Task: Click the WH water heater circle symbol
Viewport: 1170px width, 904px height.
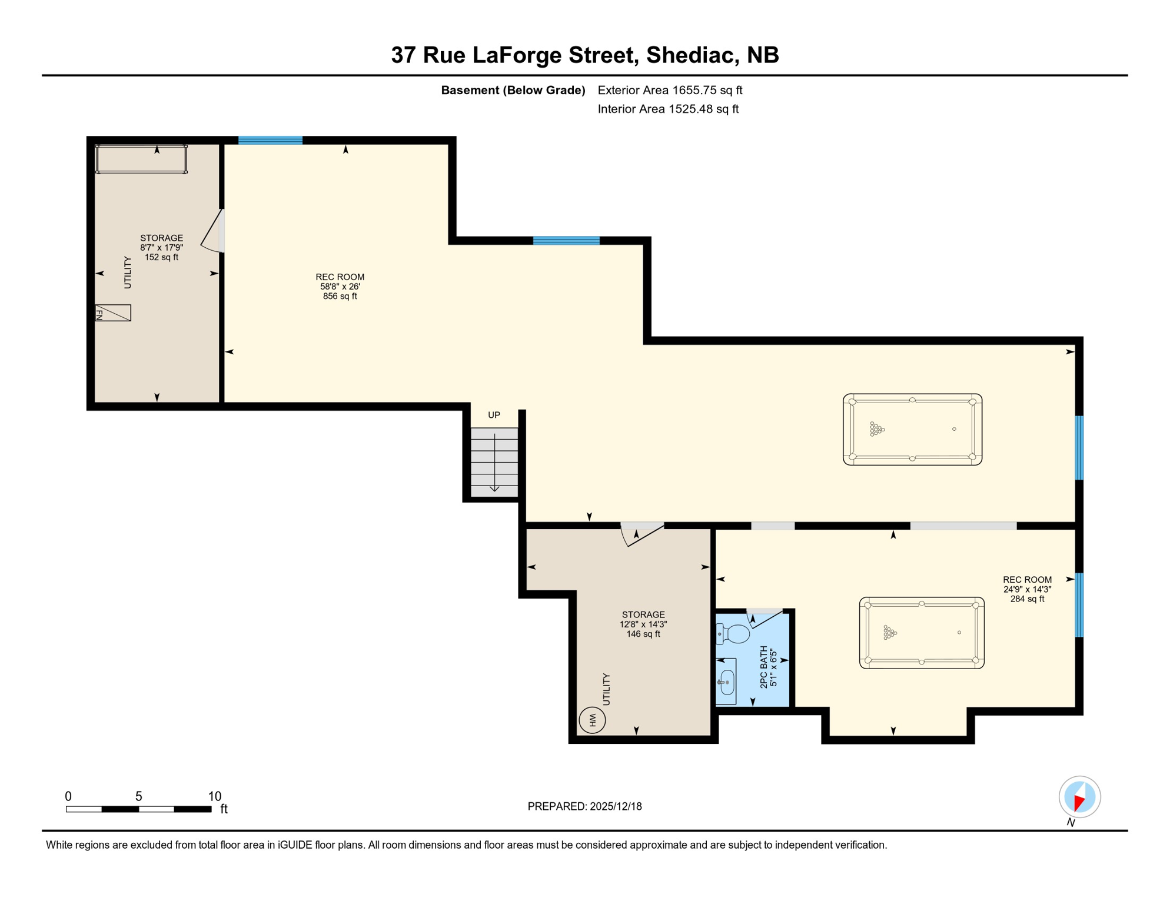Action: point(592,720)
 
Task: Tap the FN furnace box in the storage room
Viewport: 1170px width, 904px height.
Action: point(113,313)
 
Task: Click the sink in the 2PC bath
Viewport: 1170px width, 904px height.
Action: point(727,682)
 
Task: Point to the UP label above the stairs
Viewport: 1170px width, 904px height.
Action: point(494,415)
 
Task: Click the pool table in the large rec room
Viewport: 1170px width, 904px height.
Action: point(912,430)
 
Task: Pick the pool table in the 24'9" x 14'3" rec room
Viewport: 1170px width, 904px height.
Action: point(922,633)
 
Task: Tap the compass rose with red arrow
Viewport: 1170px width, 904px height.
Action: point(1079,797)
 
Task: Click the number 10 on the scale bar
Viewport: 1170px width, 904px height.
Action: point(215,796)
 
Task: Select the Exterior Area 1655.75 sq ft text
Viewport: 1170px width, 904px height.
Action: point(670,90)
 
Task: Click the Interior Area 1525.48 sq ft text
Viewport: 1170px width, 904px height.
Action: point(668,109)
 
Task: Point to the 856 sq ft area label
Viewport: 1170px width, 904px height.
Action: point(340,296)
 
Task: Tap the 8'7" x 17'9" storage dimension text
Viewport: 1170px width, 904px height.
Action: point(161,248)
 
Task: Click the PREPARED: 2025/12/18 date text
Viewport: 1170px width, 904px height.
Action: point(584,806)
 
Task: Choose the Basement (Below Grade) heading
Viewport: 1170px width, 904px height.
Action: point(513,90)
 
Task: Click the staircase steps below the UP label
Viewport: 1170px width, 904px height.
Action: point(494,462)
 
